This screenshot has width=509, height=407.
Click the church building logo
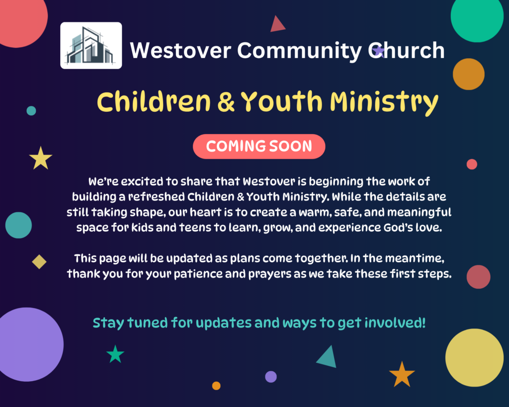(x=91, y=45)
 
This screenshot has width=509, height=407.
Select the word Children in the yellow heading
(x=154, y=101)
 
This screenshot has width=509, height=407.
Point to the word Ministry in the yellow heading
(x=384, y=102)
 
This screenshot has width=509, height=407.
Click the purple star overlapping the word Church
(x=378, y=51)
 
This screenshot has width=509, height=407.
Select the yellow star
(x=41, y=159)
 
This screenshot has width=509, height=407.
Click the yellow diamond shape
(x=39, y=262)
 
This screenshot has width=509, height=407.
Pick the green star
(x=115, y=354)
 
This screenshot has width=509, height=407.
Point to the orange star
(x=402, y=375)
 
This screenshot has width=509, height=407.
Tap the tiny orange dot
(x=216, y=386)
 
